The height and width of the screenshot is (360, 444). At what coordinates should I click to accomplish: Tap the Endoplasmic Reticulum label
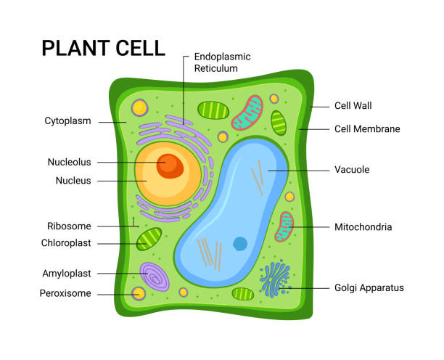pos(226,62)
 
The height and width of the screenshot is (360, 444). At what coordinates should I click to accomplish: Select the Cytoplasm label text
pos(67,121)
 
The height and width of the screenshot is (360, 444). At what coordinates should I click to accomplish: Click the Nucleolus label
pos(70,162)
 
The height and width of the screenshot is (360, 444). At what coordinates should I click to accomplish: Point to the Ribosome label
pos(70,226)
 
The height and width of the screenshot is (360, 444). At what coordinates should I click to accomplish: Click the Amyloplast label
pos(66,274)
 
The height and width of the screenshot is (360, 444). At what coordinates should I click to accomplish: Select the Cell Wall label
pos(353,106)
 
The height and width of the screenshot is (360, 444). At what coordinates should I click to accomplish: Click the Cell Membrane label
pos(366,129)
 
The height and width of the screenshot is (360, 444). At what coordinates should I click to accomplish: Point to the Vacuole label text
pos(352,170)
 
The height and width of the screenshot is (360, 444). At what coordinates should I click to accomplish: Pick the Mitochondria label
pos(363,227)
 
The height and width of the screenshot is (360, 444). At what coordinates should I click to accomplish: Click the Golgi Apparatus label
pos(369,288)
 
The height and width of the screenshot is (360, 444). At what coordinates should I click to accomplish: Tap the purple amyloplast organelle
pos(155,277)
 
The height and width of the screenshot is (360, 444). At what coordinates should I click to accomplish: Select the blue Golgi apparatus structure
pos(274,280)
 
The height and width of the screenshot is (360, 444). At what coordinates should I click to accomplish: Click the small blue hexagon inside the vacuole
pos(240,244)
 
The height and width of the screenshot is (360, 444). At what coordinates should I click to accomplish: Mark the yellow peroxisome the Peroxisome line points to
pos(138,294)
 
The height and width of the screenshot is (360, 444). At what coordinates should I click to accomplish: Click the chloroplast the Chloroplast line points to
pos(149,239)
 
